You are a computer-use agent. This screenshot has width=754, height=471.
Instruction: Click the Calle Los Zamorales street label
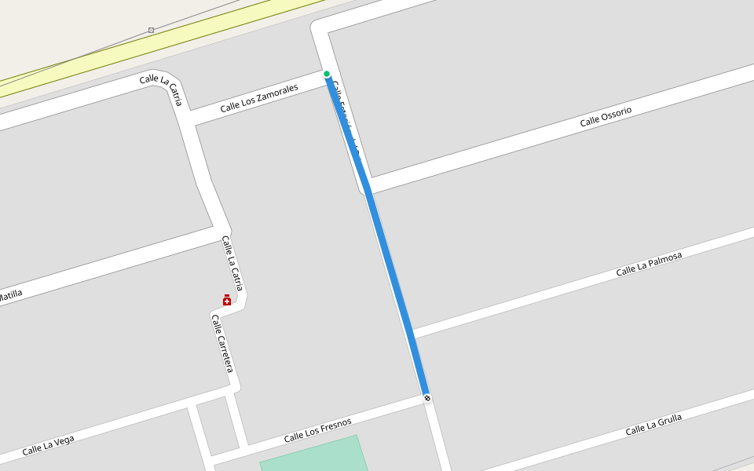(x=259, y=99)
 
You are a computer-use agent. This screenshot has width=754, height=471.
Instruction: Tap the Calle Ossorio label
(x=606, y=116)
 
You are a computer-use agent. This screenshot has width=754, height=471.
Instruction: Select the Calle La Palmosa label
(x=649, y=264)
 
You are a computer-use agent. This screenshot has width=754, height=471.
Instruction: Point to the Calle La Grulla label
(x=653, y=425)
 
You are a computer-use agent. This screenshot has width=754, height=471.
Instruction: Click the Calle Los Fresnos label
(x=317, y=429)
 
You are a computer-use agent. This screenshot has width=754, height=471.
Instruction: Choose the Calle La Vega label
(x=48, y=445)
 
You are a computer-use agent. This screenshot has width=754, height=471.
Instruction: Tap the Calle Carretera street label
(x=222, y=343)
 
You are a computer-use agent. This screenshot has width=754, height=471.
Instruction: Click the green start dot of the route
(x=327, y=74)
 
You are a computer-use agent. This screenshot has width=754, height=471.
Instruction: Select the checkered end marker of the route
(x=427, y=398)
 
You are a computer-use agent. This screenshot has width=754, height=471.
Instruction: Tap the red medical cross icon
(x=227, y=300)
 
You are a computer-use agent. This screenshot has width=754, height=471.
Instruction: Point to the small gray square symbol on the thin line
(x=151, y=30)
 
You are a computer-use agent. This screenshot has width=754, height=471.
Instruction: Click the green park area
(x=314, y=455)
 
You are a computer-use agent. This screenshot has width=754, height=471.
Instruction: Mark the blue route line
(x=385, y=251)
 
